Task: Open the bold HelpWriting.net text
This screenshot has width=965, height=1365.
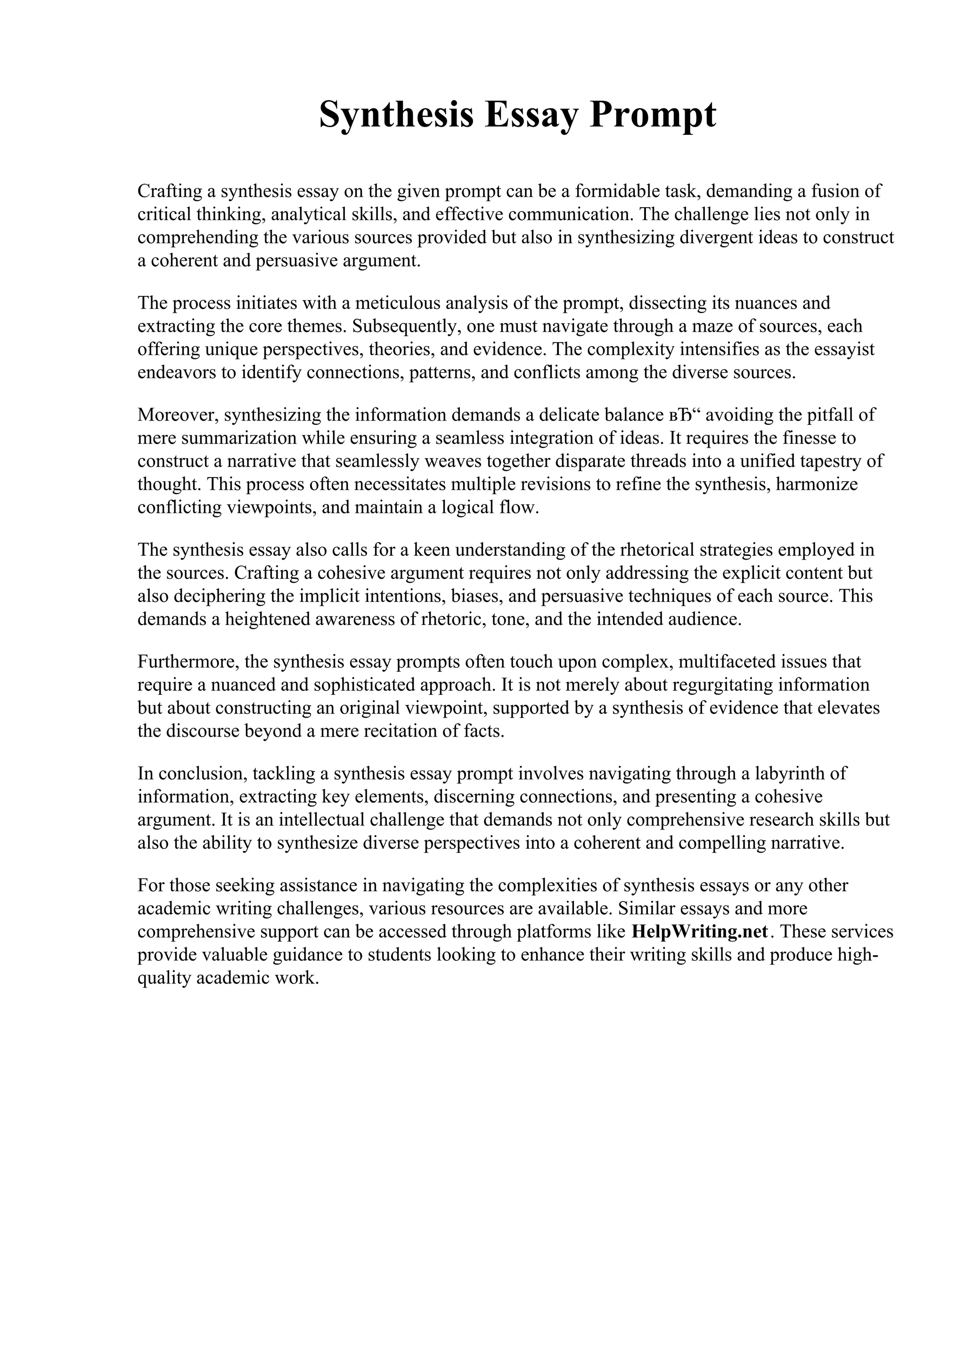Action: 700,932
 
